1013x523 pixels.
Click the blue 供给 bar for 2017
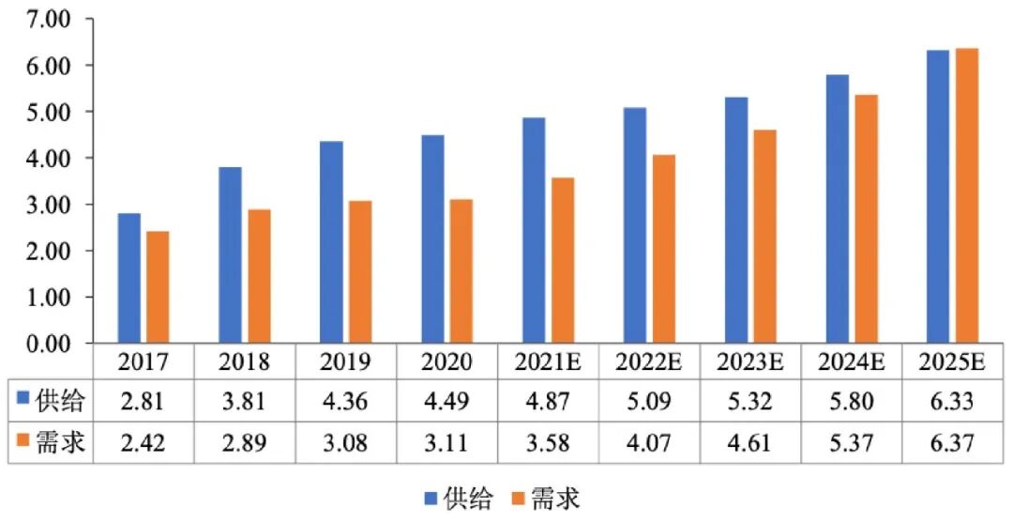point(129,279)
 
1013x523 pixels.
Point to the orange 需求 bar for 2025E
point(967,196)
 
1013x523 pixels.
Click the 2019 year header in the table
point(346,362)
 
